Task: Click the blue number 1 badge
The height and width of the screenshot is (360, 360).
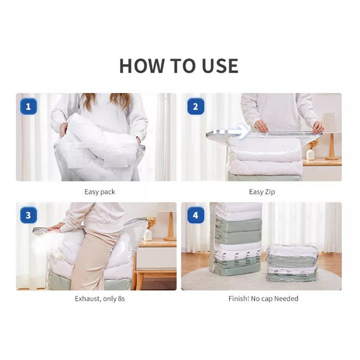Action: click(28, 106)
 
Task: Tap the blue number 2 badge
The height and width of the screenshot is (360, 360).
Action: click(196, 106)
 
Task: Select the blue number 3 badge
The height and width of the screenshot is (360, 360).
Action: click(28, 215)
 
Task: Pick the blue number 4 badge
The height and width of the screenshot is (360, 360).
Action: click(196, 215)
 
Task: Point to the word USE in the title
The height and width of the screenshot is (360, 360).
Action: click(220, 66)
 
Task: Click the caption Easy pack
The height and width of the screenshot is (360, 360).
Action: click(100, 192)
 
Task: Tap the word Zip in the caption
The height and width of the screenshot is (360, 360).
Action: click(270, 192)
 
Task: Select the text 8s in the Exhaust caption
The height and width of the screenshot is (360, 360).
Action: click(121, 299)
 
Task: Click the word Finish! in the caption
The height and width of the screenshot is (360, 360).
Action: click(239, 299)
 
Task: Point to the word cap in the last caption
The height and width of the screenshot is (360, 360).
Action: click(267, 299)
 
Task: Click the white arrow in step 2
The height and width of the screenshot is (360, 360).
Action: click(232, 132)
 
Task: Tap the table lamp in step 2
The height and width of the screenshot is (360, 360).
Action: click(331, 136)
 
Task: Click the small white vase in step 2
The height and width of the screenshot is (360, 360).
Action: click(310, 154)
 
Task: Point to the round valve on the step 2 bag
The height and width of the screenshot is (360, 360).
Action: click(232, 157)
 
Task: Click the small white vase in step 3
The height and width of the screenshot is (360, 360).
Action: click(148, 235)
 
